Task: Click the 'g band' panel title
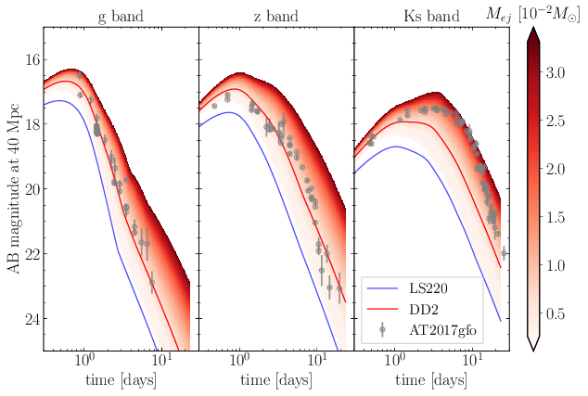tap(121, 17)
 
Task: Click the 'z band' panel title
tap(276, 17)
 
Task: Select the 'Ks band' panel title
tap(431, 17)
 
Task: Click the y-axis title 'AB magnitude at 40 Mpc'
tap(13, 188)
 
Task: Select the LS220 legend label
tap(428, 288)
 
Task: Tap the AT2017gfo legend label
tap(442, 330)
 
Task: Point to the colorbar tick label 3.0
tap(556, 72)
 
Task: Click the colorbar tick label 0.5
tap(556, 313)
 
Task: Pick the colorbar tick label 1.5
tap(556, 218)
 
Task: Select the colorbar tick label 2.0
tap(556, 169)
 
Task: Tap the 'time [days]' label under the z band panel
tap(276, 380)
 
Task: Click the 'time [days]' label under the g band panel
tap(121, 380)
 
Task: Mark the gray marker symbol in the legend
tap(382, 330)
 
